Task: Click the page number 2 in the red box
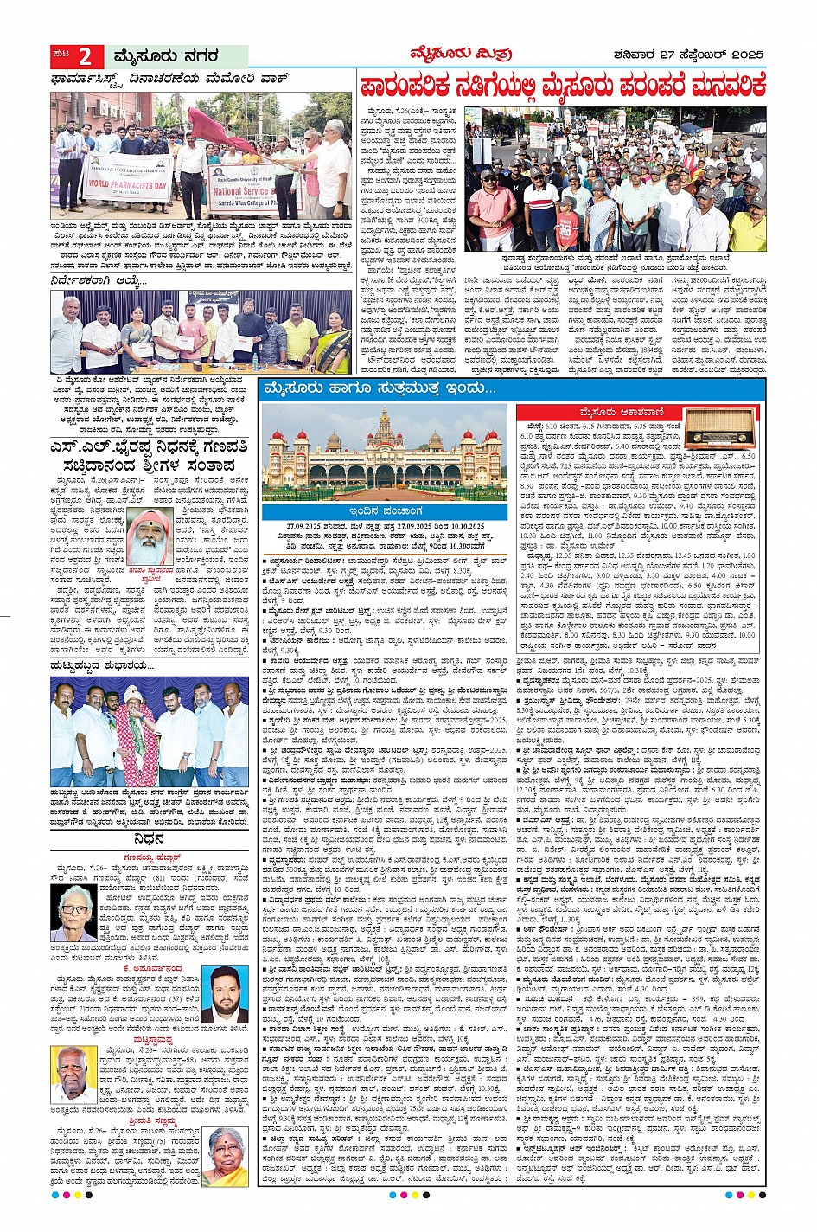pyautogui.click(x=85, y=57)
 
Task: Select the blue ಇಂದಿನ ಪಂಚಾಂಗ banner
pyautogui.click(x=386, y=511)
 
